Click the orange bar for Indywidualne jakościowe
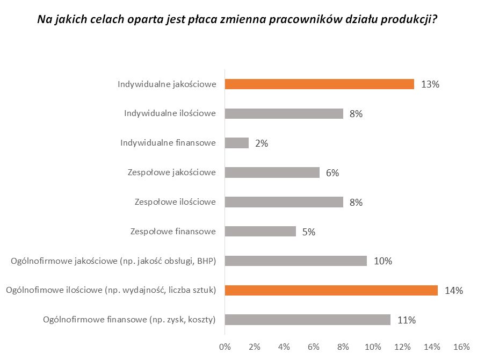319,84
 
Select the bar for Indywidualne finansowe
236,143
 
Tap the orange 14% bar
331,291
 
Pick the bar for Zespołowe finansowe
260,232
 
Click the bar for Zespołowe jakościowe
272,172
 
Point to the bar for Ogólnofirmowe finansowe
307,320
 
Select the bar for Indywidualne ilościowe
284,113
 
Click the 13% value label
430,84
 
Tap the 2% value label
261,143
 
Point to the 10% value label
383,262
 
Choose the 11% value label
407,320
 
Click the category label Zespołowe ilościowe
175,202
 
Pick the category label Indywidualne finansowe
168,143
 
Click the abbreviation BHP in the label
205,261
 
